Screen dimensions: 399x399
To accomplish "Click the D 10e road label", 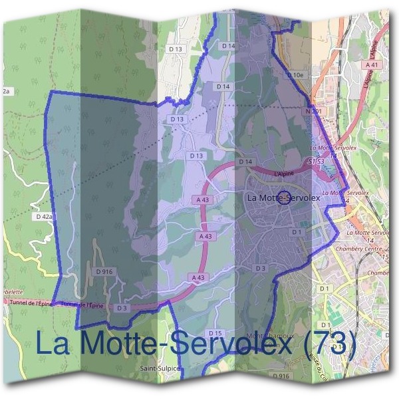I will coord(297,75).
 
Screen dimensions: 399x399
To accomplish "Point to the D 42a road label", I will coord(43,217).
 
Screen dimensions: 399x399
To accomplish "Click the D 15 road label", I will coord(214,332).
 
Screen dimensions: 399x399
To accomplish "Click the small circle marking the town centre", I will coord(283,198).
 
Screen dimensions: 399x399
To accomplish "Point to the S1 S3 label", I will coord(317,162).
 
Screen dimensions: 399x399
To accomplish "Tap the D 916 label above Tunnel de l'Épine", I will coord(103,271).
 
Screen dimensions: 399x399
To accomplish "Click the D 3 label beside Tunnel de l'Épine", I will coord(121,308).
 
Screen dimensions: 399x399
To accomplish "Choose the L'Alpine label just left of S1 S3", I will coord(284,172).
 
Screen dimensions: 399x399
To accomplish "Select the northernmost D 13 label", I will coord(176,49).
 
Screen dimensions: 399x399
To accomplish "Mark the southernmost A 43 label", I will coord(197,277).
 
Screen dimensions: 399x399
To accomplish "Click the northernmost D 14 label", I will coord(228,46).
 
